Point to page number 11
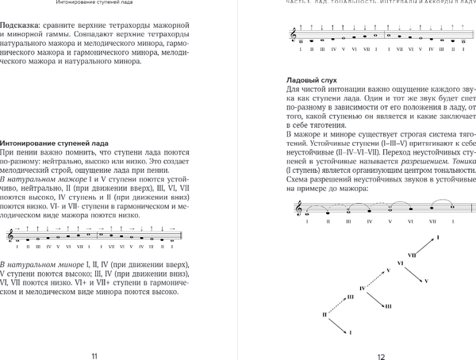point(97,353)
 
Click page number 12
point(380,353)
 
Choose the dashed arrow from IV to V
point(377,279)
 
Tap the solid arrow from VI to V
point(407,274)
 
